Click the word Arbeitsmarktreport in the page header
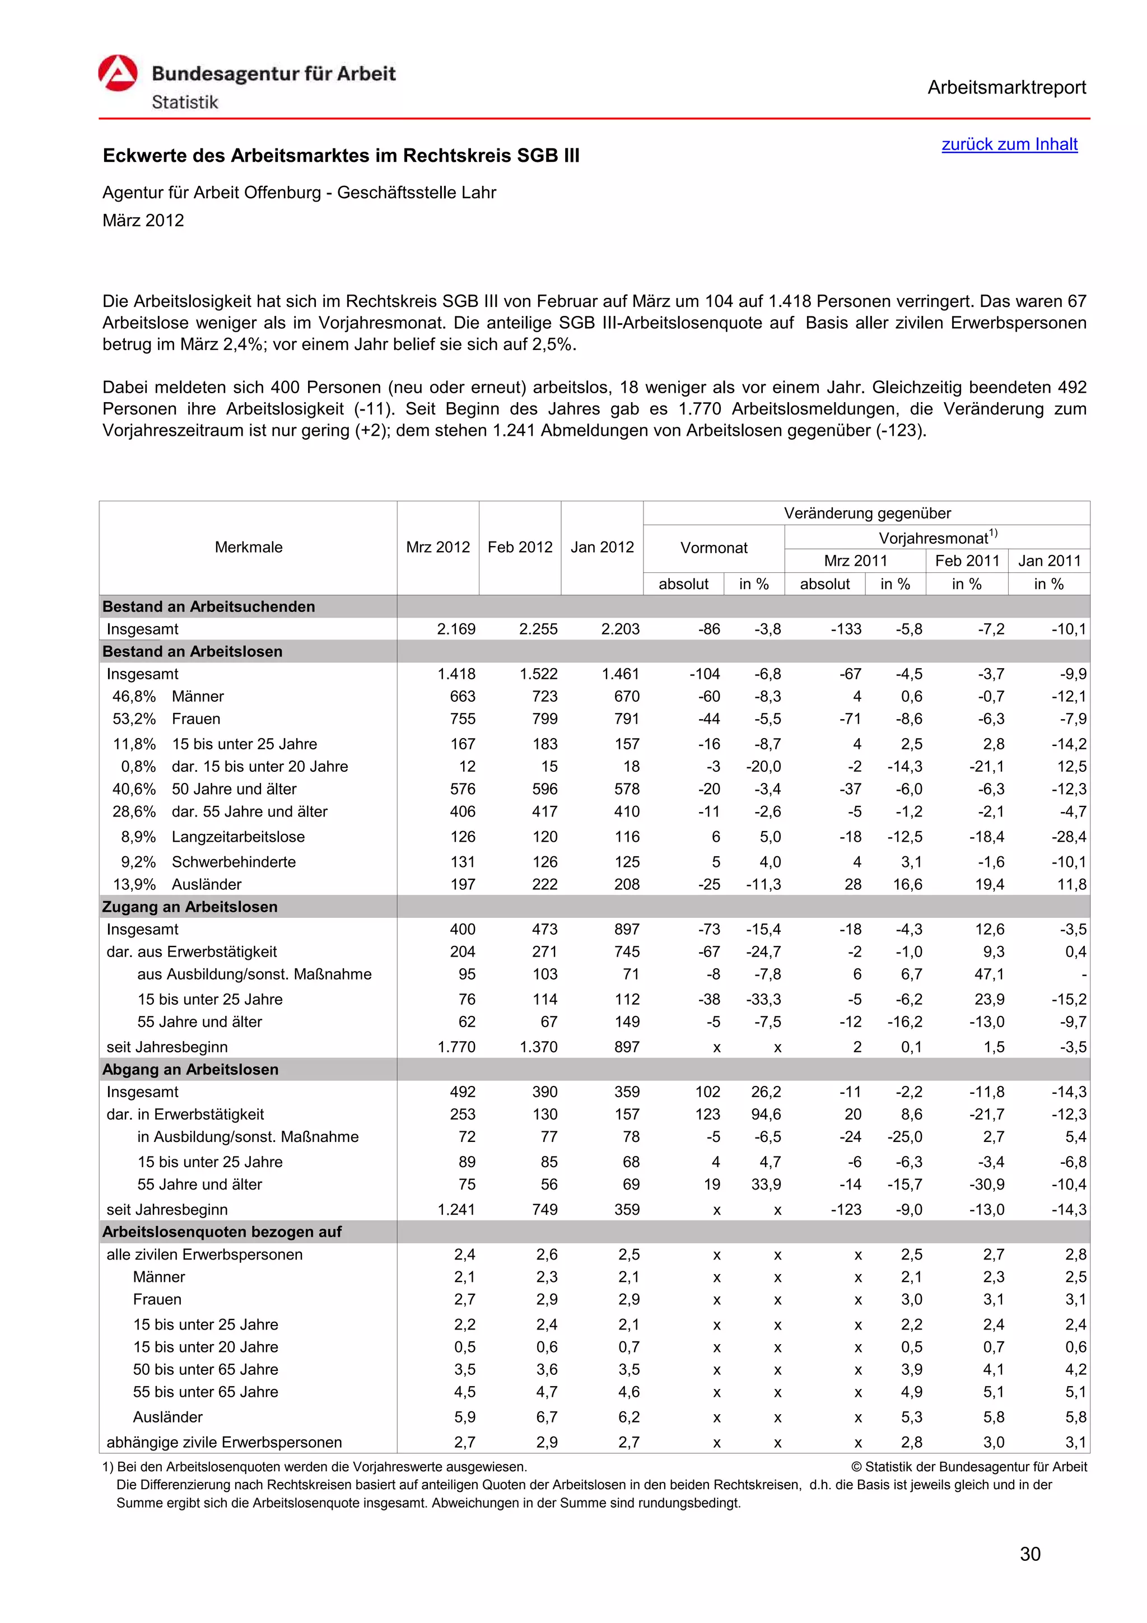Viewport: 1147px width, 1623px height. pos(1006,88)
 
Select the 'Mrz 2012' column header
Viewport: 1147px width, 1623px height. pos(437,547)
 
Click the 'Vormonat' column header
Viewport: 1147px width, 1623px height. pos(713,548)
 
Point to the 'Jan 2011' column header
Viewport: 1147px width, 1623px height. pos(1049,561)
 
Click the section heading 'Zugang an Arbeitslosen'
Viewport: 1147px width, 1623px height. pos(190,906)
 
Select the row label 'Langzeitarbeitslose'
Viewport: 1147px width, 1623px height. pos(238,836)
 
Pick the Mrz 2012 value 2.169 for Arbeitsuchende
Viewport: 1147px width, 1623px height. pos(456,629)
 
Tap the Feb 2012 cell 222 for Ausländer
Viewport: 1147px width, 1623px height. pos(544,884)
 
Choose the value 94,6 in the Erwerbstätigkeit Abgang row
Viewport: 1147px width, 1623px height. pos(766,1114)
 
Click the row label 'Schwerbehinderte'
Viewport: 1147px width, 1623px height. pos(233,862)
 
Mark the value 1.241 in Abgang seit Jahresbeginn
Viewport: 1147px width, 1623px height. pos(456,1210)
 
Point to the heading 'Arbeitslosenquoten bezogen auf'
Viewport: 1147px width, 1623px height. pos(222,1232)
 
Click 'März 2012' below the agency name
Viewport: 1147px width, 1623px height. pos(143,221)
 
